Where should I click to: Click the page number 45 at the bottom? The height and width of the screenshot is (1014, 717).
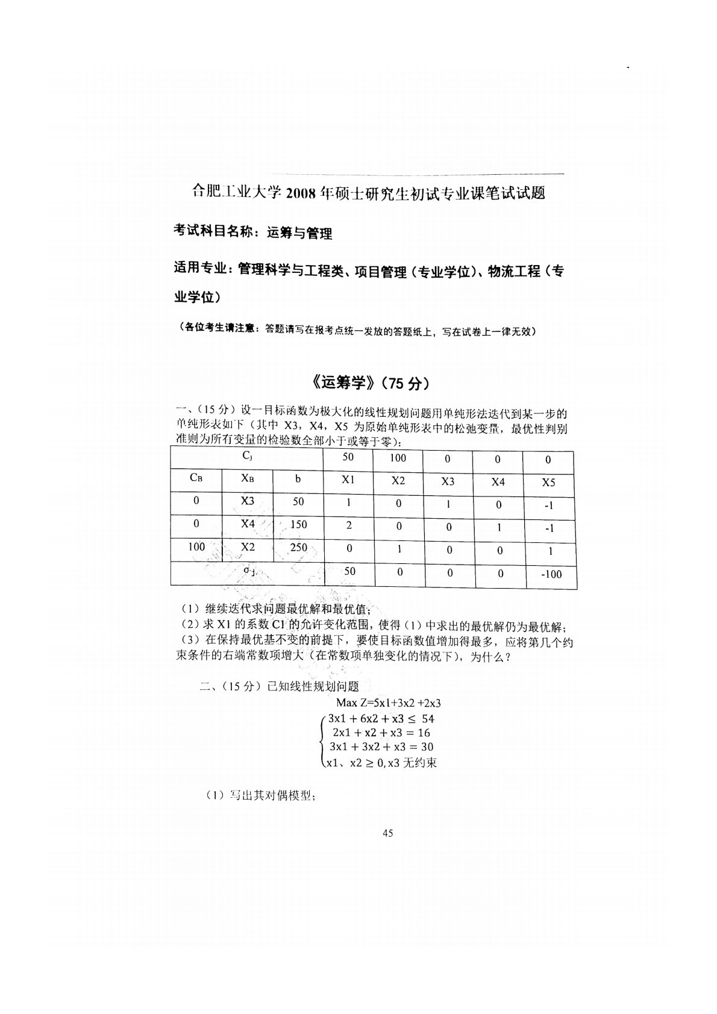click(x=387, y=833)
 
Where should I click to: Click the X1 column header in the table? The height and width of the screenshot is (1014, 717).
click(x=349, y=480)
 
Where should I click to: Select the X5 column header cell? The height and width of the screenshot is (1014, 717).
click(x=548, y=482)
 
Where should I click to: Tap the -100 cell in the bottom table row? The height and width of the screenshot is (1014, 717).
click(x=550, y=574)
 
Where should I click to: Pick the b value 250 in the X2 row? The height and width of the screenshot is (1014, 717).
click(x=298, y=548)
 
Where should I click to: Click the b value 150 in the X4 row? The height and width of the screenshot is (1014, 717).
click(x=298, y=524)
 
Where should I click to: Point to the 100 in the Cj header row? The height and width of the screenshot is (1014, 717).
click(x=398, y=458)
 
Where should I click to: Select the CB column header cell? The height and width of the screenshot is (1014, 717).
click(x=196, y=478)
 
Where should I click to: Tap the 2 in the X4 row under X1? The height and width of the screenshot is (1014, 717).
click(x=349, y=525)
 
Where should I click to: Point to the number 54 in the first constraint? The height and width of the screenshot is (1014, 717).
click(x=428, y=718)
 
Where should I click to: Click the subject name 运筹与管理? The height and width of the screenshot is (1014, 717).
click(x=299, y=233)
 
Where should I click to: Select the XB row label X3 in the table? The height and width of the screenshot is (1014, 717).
click(x=248, y=501)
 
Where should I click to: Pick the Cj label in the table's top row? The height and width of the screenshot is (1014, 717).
click(x=247, y=456)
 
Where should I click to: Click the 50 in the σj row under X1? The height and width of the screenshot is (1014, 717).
click(x=349, y=571)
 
